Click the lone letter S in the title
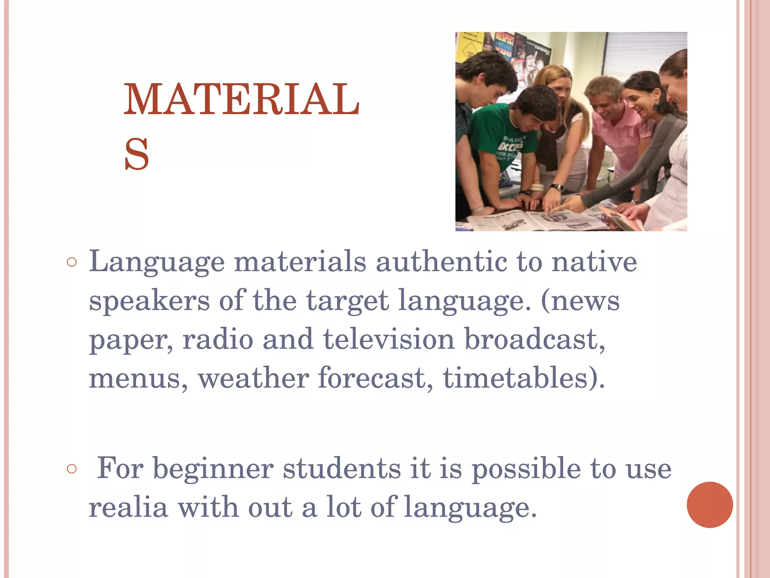click(137, 154)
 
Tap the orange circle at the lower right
click(709, 505)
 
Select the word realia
click(128, 507)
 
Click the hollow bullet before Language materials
click(71, 262)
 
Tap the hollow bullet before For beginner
click(71, 469)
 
